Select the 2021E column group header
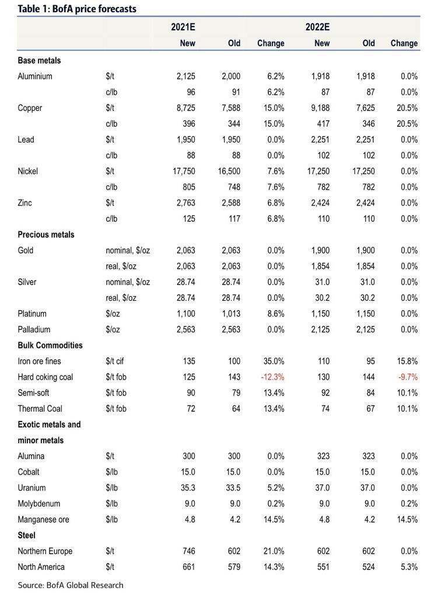click(x=183, y=27)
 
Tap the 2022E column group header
click(x=317, y=27)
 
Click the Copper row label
click(x=30, y=108)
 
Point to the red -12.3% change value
click(x=272, y=377)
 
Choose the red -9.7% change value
click(x=408, y=377)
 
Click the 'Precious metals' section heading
click(x=46, y=234)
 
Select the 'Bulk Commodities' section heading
click(x=50, y=345)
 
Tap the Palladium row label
click(x=34, y=329)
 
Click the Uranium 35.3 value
click(x=186, y=488)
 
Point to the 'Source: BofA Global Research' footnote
click(x=71, y=585)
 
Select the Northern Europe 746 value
click(x=188, y=551)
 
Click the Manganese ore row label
click(x=43, y=519)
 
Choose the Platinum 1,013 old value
click(x=231, y=314)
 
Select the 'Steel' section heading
click(x=26, y=535)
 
